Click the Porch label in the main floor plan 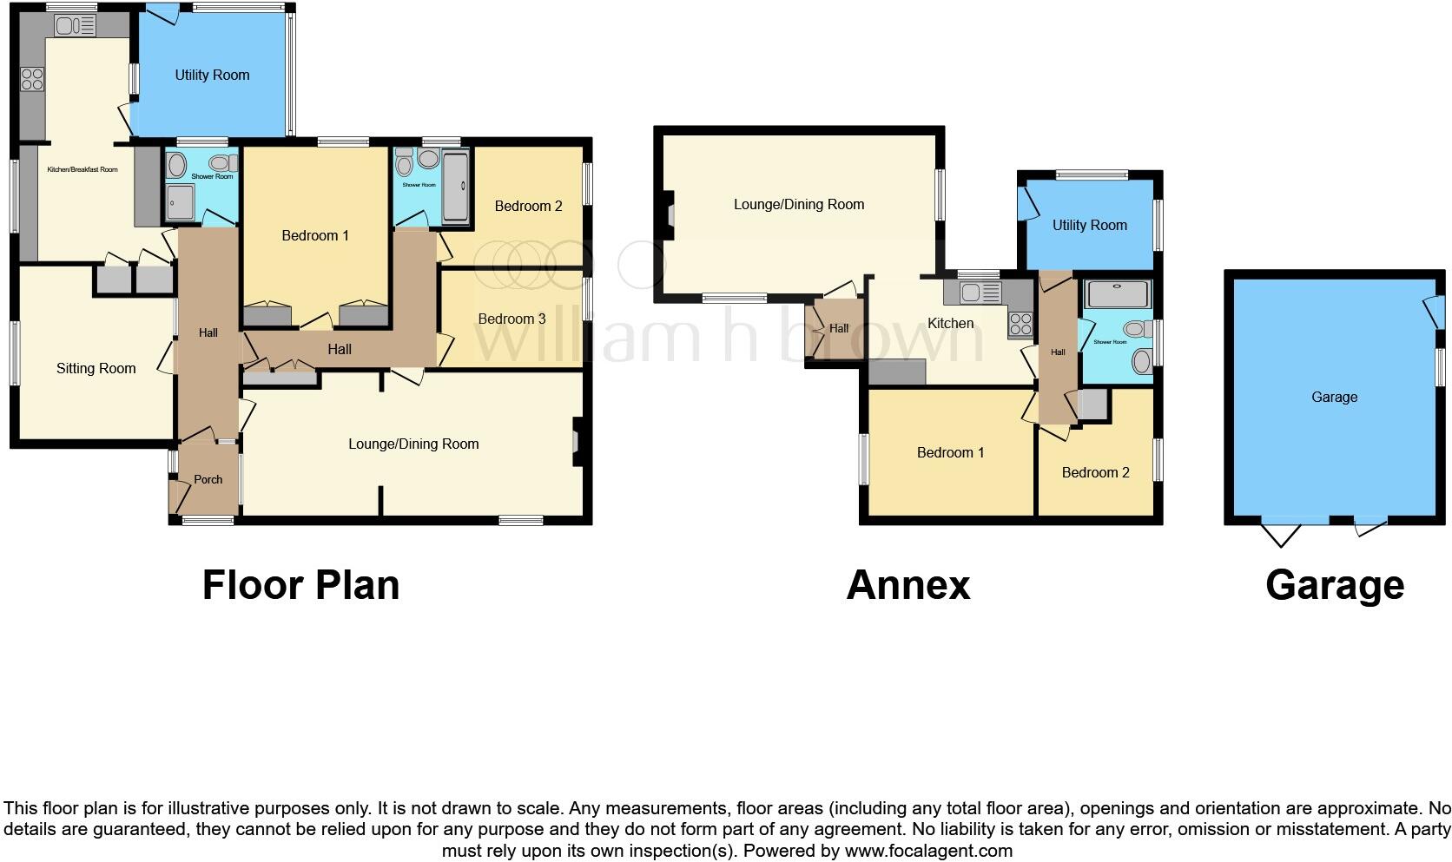click(208, 479)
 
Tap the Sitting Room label click(96, 368)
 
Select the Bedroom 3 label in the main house click(511, 319)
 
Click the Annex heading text click(907, 584)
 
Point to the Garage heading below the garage click(1334, 584)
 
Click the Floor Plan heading click(300, 584)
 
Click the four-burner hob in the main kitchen click(32, 80)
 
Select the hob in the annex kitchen click(1020, 325)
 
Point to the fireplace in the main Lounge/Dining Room click(577, 444)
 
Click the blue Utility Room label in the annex click(1089, 225)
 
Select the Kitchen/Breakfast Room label click(82, 169)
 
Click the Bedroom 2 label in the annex click(1095, 472)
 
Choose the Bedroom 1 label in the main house click(314, 235)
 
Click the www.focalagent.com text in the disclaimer click(928, 851)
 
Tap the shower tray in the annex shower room click(1117, 295)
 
